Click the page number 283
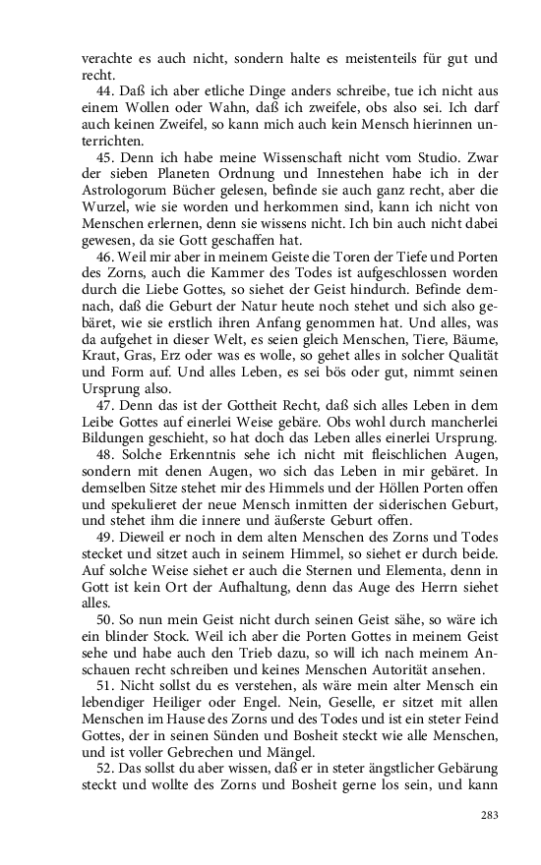pyautogui.click(x=490, y=815)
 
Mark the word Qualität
pyautogui.click(x=466, y=371)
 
